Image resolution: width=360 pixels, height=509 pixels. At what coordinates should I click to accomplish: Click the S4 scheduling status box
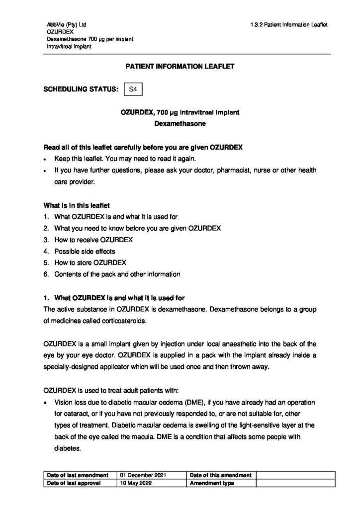point(133,89)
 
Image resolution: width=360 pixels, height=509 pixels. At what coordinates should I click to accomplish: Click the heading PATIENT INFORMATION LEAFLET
point(180,66)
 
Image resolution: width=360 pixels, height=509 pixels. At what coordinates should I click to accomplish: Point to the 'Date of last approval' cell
point(74,483)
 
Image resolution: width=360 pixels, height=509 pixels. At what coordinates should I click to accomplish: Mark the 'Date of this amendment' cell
point(220,475)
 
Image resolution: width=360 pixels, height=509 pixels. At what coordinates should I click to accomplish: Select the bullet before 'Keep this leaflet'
point(46,159)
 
